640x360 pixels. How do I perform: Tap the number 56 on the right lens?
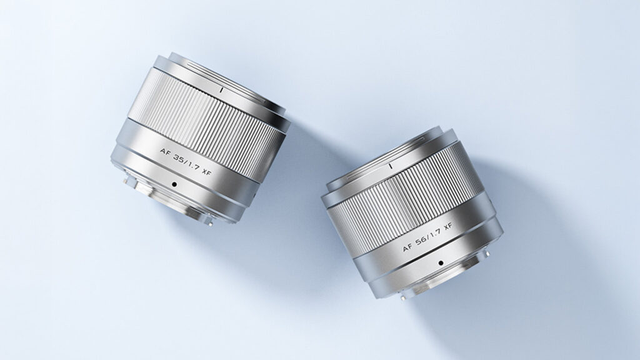(x=422, y=242)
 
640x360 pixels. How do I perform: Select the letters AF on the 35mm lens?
(x=165, y=152)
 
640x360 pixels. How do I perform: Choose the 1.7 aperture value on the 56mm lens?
(x=436, y=235)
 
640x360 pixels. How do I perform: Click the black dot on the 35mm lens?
(x=174, y=184)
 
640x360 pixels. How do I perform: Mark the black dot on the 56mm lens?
(x=441, y=263)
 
